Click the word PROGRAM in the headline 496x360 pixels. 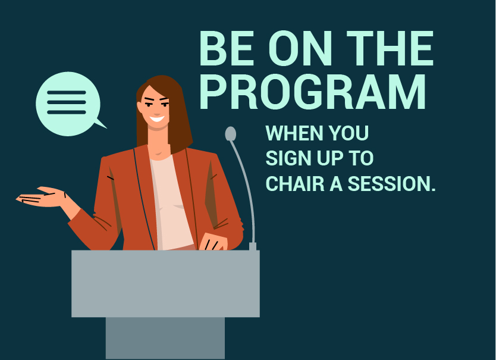tap(313, 92)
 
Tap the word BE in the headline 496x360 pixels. tap(227, 48)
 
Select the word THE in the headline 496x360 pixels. tap(390, 48)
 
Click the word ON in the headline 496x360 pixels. tap(300, 48)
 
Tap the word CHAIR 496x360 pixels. tap(295, 184)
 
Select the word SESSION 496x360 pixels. tap(391, 184)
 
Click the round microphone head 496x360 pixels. tap(231, 134)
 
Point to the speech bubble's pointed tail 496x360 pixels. tap(101, 124)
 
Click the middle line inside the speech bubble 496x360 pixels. tap(67, 102)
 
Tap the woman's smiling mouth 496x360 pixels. tap(157, 119)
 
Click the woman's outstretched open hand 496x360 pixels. tap(41, 197)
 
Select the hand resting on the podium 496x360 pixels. tap(213, 242)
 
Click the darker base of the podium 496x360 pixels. tap(165, 338)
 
